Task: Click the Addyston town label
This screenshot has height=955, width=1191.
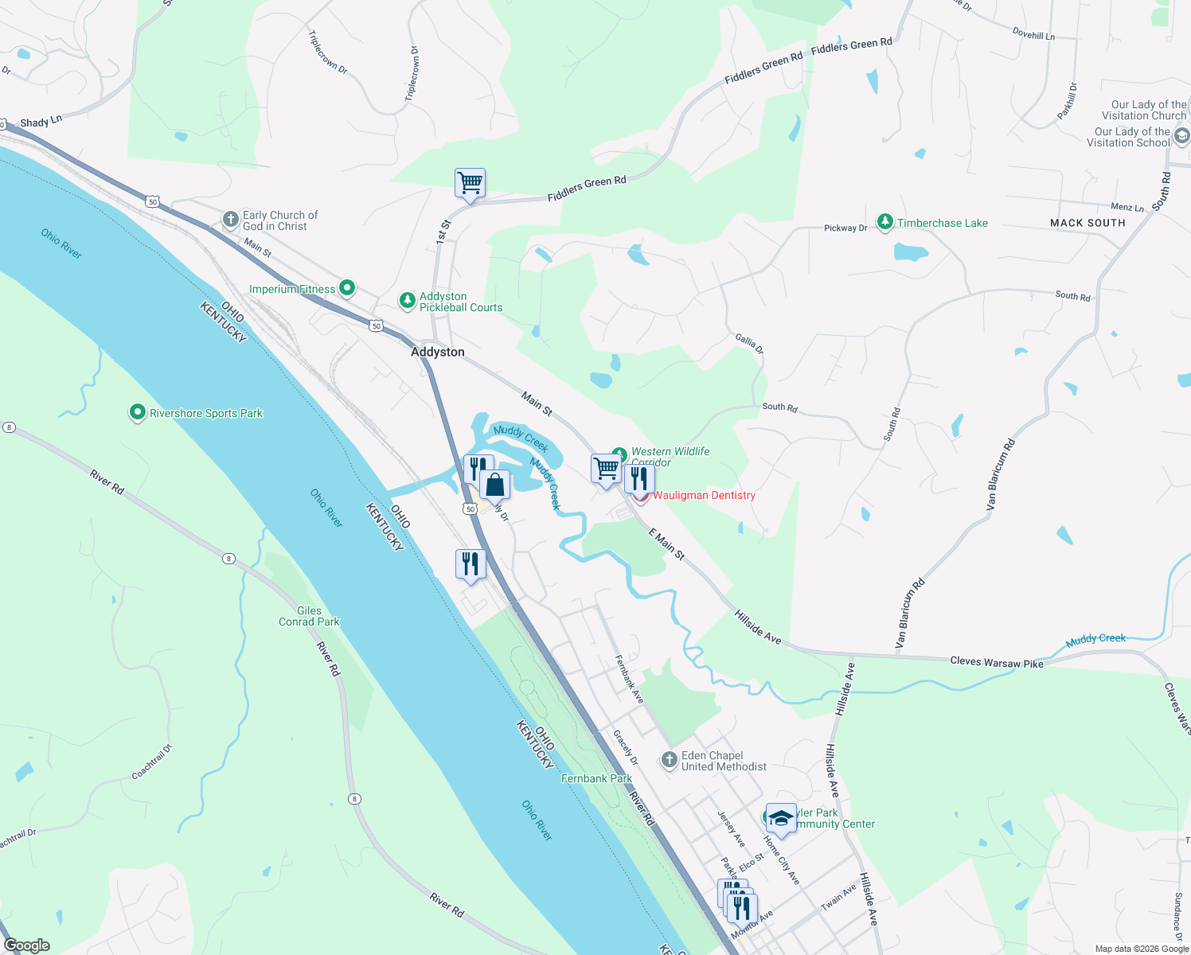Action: (437, 352)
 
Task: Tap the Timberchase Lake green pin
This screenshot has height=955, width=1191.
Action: (884, 222)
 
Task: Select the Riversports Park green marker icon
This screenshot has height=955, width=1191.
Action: (137, 413)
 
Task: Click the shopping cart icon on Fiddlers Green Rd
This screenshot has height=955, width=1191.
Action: (470, 183)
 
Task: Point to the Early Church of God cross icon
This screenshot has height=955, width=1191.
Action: (230, 220)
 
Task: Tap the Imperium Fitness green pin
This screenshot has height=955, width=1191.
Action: (346, 287)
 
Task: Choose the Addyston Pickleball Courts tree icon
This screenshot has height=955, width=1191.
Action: (407, 301)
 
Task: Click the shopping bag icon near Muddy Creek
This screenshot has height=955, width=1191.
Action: (494, 484)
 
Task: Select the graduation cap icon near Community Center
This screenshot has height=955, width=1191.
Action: (781, 818)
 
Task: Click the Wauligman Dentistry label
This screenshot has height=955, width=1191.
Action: (704, 495)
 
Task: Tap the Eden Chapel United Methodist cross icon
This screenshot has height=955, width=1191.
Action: (669, 760)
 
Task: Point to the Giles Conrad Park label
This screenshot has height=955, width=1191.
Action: (309, 617)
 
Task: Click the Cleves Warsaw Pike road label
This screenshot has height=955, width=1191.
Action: (996, 662)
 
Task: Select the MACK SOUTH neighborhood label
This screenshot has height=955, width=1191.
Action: (1088, 223)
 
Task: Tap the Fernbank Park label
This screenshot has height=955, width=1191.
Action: (596, 778)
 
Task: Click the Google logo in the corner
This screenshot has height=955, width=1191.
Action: (27, 945)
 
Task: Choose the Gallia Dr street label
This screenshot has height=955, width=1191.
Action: (749, 344)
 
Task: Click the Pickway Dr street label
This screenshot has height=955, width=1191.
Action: (845, 228)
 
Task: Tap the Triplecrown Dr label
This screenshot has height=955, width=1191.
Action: (327, 53)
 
